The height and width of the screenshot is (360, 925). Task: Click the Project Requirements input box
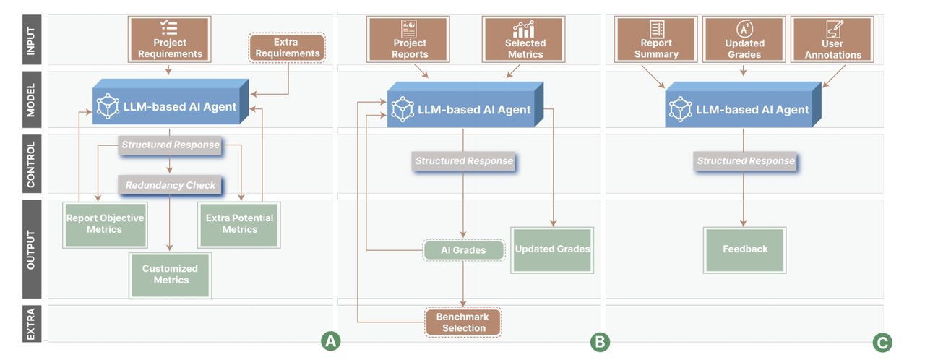tap(170, 40)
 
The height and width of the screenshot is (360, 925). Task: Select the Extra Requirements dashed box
tap(288, 48)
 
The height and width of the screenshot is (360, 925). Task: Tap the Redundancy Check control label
tap(170, 186)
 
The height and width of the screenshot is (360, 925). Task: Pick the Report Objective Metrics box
tap(105, 223)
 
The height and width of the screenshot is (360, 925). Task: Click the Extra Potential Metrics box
tap(239, 223)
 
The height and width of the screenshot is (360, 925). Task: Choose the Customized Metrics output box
tap(170, 275)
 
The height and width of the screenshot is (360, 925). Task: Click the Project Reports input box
tap(408, 40)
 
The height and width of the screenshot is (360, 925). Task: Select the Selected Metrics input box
tap(525, 40)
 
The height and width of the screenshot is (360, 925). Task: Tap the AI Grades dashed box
tap(463, 250)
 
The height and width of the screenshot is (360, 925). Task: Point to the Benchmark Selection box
tap(463, 322)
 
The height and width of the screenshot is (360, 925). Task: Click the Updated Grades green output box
tap(552, 249)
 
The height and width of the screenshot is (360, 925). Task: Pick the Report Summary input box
tap(656, 40)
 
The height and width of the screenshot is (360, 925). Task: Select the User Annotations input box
tap(832, 40)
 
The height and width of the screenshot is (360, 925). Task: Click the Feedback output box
tap(744, 249)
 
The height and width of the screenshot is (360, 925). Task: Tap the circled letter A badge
tap(330, 341)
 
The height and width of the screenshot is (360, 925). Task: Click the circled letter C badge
tap(882, 342)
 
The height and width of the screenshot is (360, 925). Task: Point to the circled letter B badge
tap(600, 342)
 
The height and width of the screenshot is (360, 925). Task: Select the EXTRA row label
tap(31, 323)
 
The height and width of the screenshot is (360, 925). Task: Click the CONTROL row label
tap(31, 165)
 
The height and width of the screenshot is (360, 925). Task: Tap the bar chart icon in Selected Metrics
tap(524, 29)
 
